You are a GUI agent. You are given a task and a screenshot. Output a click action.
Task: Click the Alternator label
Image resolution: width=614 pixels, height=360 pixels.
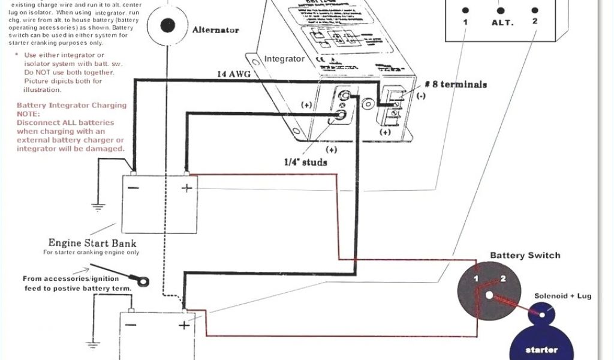point(216,30)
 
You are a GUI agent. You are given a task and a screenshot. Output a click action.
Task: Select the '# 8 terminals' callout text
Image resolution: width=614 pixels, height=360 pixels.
point(456,85)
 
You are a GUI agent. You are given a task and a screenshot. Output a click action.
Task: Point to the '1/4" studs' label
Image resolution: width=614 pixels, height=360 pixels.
point(305,162)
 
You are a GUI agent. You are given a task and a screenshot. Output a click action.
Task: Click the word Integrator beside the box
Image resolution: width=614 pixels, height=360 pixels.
point(284,59)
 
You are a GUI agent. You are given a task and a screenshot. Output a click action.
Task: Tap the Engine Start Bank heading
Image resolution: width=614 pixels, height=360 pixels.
point(92,243)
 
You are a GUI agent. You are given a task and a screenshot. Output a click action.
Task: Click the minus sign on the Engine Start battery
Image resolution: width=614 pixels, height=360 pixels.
point(134,188)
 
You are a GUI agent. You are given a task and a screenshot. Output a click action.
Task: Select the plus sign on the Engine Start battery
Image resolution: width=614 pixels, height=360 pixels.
point(186,188)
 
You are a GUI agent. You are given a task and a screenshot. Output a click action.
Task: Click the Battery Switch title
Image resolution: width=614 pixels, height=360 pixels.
point(525,256)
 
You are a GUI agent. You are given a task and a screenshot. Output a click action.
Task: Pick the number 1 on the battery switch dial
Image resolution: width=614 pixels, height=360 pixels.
point(475,279)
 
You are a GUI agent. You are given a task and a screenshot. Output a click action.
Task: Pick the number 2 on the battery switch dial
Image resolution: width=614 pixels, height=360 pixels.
point(503,278)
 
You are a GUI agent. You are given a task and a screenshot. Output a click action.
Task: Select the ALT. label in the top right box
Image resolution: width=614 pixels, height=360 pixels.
point(502,22)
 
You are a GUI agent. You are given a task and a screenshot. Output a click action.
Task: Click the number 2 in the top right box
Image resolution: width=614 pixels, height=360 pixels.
point(534,22)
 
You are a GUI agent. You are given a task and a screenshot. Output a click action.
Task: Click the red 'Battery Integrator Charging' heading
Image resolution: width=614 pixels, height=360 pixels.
point(71,105)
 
